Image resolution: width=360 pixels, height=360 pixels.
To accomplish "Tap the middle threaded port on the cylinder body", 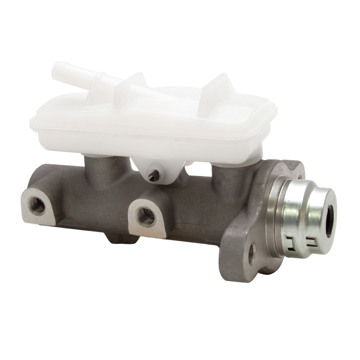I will click(145, 216).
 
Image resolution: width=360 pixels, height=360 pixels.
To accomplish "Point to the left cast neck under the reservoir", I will click(100, 169).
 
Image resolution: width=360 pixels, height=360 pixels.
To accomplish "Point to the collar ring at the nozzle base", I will click(101, 83).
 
